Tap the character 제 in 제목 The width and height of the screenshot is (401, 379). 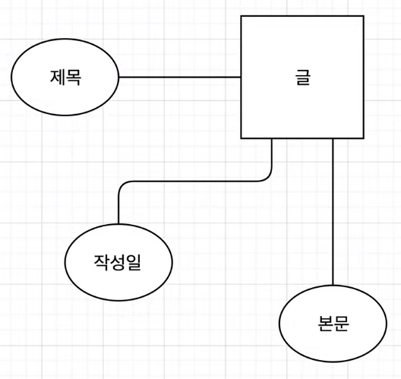click(58, 77)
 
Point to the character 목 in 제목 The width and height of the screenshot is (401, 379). click(74, 77)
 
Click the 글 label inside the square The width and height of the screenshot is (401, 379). click(302, 77)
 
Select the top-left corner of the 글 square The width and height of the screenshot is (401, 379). click(242, 16)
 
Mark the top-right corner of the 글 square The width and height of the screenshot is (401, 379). click(363, 16)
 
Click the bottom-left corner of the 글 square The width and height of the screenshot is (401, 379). click(242, 138)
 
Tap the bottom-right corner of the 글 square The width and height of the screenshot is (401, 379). click(363, 138)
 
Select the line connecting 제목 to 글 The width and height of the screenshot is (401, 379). click(180, 77)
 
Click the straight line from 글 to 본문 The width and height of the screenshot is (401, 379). click(333, 212)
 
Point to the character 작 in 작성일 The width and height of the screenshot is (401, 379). click(102, 263)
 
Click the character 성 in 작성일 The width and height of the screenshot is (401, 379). click(118, 263)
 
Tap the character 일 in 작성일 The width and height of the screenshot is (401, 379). click(133, 263)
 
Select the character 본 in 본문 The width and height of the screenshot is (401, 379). click(325, 324)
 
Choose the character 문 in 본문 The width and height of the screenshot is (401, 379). click(341, 324)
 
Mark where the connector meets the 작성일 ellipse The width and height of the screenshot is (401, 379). click(118, 224)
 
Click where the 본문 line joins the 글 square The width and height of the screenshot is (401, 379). click(333, 138)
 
